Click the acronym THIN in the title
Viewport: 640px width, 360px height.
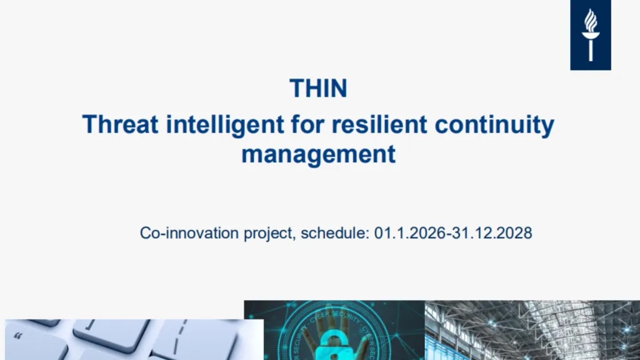pyautogui.click(x=318, y=88)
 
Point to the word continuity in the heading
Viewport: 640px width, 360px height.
pyautogui.click(x=494, y=124)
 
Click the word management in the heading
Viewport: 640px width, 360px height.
pyautogui.click(x=318, y=154)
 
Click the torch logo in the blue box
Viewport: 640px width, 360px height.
pyautogui.click(x=590, y=35)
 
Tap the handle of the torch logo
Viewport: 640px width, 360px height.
pyautogui.click(x=590, y=50)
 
